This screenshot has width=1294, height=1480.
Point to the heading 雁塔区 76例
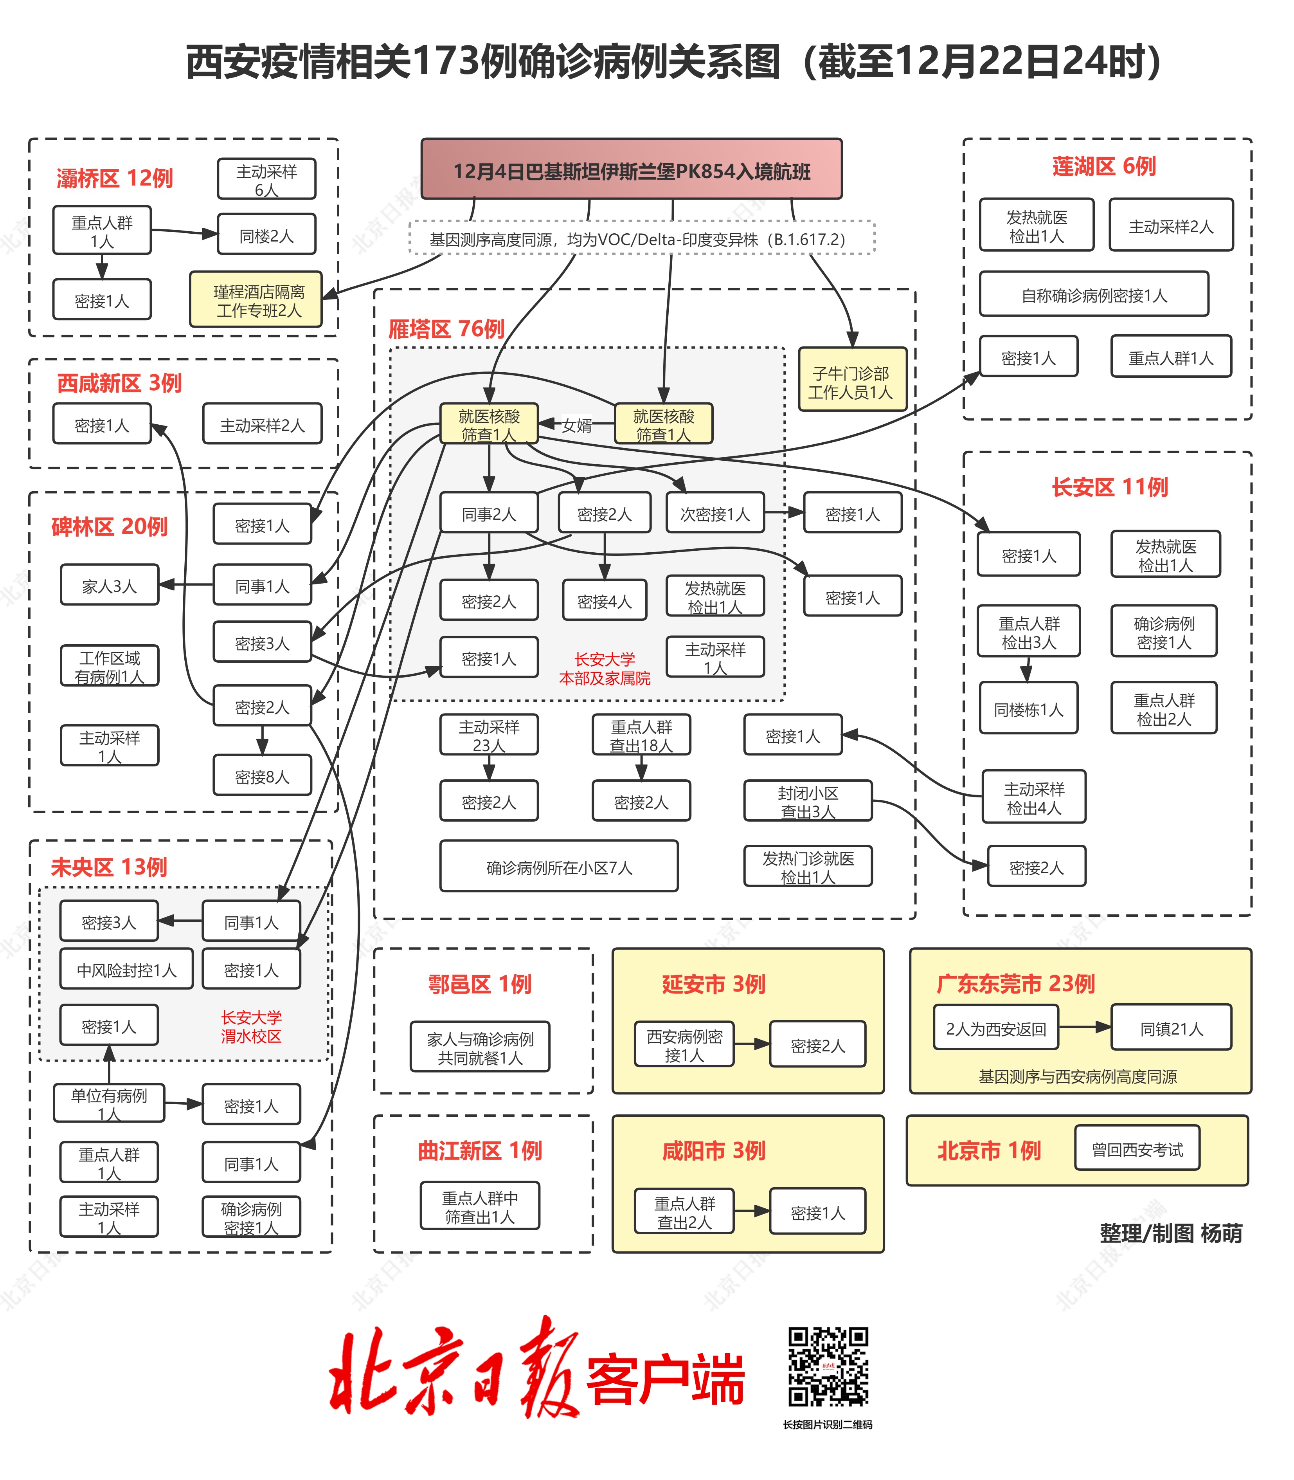446,329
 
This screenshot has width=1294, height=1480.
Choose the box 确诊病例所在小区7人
558,866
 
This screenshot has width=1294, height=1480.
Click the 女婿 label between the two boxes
577,425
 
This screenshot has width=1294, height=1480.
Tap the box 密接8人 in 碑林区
262,776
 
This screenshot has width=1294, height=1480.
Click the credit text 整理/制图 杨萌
1170,1233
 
